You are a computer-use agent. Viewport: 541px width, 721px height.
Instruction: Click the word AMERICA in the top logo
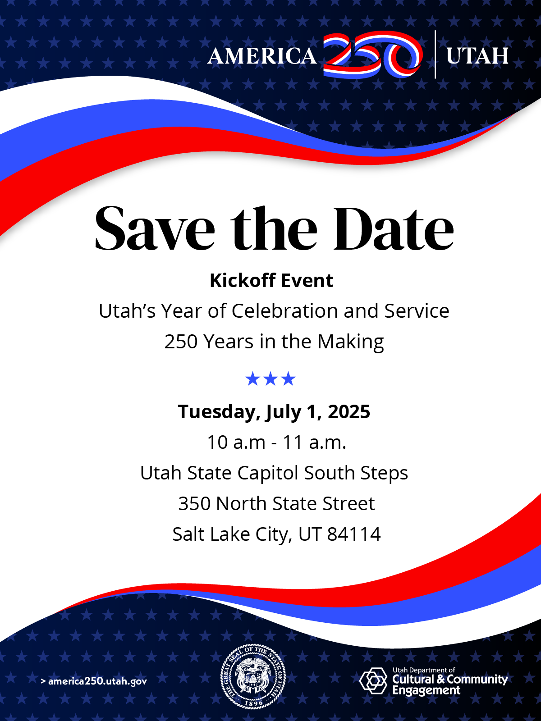[262, 55]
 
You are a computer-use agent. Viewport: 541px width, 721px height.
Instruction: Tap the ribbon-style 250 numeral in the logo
[373, 55]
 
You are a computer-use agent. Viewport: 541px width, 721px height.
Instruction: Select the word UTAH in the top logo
[477, 55]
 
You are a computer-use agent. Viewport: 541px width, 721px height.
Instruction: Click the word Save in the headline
[155, 228]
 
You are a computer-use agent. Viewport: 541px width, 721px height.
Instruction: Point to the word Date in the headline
[394, 228]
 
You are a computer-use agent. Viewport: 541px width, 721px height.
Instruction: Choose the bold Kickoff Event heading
[272, 281]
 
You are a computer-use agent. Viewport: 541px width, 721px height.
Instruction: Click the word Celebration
[285, 311]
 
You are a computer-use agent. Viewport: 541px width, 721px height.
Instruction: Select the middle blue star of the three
[270, 379]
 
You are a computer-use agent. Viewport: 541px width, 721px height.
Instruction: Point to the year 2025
[349, 411]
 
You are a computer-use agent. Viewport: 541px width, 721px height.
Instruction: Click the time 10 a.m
[236, 442]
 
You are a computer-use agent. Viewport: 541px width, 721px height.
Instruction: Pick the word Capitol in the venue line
[268, 474]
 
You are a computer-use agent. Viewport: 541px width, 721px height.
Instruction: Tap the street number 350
[194, 503]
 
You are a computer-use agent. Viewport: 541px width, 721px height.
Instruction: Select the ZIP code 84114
[354, 534]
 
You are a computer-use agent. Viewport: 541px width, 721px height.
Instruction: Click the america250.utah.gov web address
[94, 681]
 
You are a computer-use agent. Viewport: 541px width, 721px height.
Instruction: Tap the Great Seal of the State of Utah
[253, 676]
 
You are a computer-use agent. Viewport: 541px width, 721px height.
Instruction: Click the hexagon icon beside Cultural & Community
[373, 680]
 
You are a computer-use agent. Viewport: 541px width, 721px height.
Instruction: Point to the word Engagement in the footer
[426, 690]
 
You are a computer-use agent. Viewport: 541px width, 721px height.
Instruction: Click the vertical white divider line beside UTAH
[435, 55]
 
